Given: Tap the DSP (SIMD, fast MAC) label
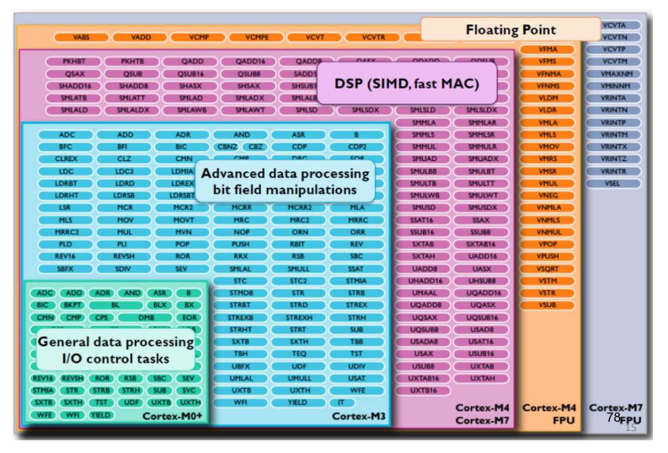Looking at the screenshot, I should click(406, 84).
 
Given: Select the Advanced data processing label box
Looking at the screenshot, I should click(285, 181).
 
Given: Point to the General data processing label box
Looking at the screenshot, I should click(115, 350).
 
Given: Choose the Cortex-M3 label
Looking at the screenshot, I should click(358, 416).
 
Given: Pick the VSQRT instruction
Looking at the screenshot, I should click(548, 268).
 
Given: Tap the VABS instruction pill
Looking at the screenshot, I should click(81, 37).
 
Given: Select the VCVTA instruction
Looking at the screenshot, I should click(614, 25).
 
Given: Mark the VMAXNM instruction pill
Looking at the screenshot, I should click(614, 74).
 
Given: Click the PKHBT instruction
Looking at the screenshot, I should click(74, 62).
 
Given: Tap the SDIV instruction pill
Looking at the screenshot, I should click(125, 268).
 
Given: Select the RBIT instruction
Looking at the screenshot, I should click(299, 244).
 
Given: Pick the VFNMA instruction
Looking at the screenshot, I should click(548, 73).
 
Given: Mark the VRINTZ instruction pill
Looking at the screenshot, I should click(614, 159).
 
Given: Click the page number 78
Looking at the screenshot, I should click(613, 417).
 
